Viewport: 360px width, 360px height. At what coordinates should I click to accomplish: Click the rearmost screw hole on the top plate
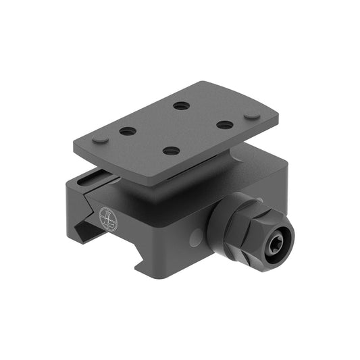click(181, 105)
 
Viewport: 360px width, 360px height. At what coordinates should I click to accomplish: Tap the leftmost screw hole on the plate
click(128, 131)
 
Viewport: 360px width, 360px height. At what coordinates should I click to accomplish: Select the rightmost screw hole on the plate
click(225, 124)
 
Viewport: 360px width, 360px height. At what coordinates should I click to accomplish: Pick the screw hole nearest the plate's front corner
click(172, 151)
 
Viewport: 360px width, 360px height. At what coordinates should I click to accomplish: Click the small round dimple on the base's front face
click(196, 237)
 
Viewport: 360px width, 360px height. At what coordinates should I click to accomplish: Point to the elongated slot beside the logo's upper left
click(88, 180)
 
